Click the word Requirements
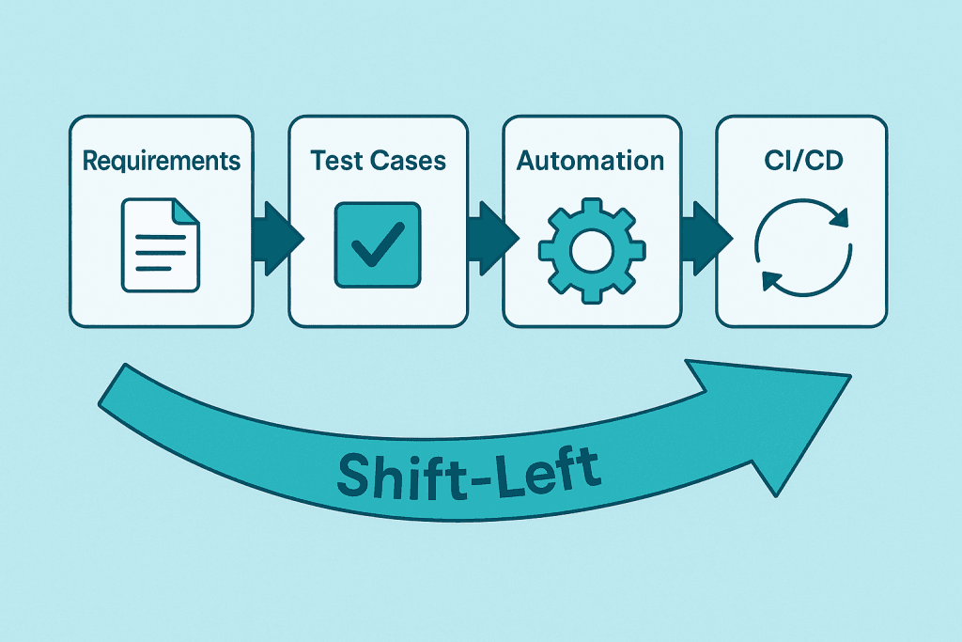[162, 161]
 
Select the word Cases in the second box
[411, 161]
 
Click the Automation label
[591, 161]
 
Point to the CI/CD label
[801, 161]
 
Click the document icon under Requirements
[161, 243]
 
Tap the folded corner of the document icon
[188, 209]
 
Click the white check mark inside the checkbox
[376, 245]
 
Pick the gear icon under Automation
[591, 249]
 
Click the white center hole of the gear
[591, 250]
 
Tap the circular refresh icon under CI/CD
[802, 246]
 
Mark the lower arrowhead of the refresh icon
[769, 278]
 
